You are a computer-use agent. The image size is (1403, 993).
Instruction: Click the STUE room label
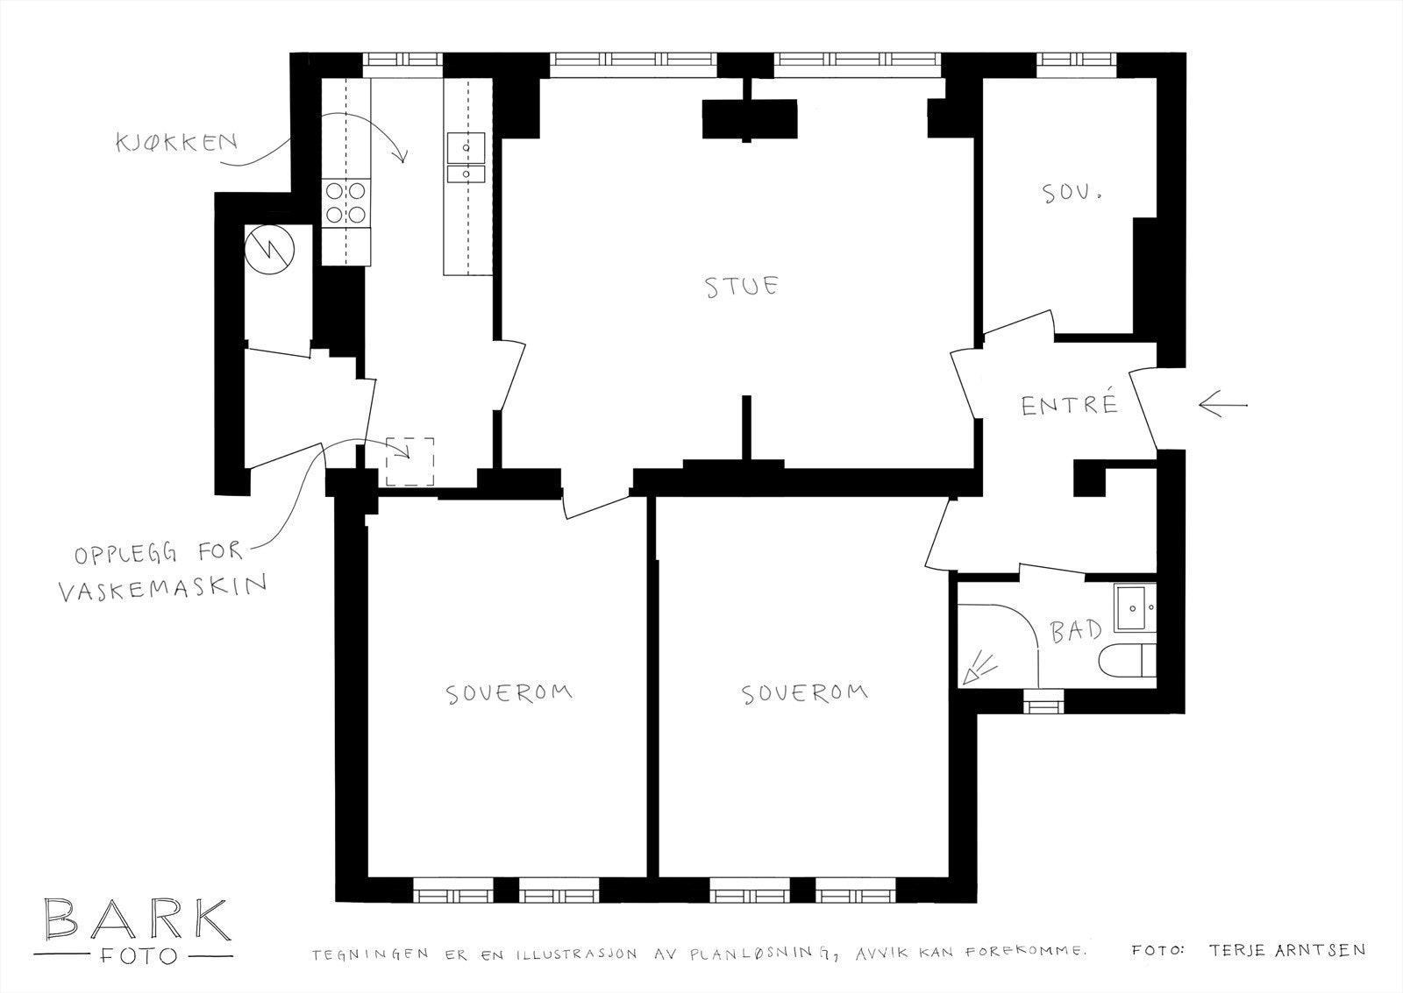pyautogui.click(x=742, y=287)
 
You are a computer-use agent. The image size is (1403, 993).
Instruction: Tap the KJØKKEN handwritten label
pyautogui.click(x=177, y=143)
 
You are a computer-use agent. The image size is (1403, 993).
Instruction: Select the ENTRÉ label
pyautogui.click(x=1070, y=405)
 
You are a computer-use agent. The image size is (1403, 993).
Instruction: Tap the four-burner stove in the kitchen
pyautogui.click(x=345, y=202)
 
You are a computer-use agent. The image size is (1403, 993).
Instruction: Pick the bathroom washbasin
pyautogui.click(x=1135, y=607)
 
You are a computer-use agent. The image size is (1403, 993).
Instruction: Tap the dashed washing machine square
pyautogui.click(x=410, y=461)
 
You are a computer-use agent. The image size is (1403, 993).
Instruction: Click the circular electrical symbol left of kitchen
pyautogui.click(x=269, y=248)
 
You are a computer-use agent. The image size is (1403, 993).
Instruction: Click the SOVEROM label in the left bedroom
pyautogui.click(x=509, y=693)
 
